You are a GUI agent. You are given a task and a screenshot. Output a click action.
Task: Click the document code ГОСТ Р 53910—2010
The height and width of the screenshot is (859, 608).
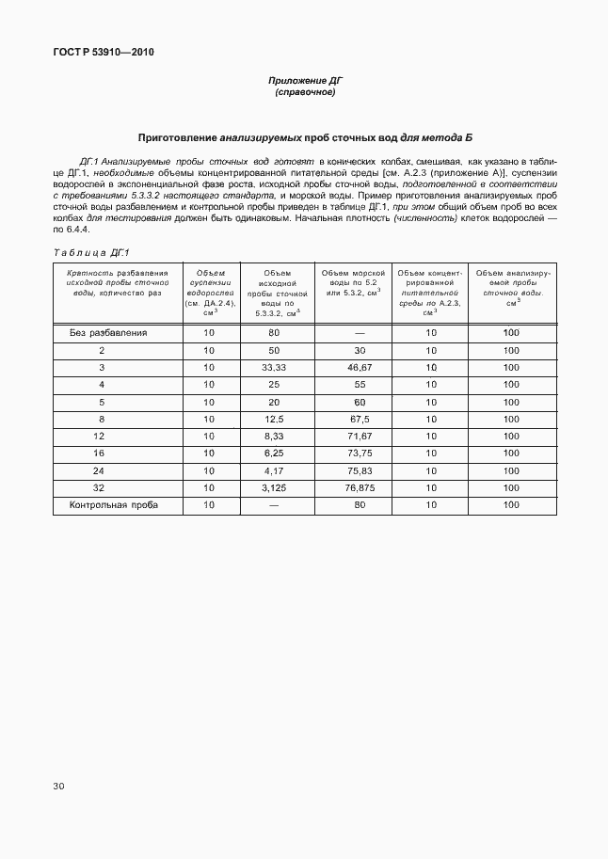97,52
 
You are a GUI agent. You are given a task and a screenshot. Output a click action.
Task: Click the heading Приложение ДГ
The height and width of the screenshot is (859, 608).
304,81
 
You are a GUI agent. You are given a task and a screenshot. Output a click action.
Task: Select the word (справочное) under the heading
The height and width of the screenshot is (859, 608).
304,92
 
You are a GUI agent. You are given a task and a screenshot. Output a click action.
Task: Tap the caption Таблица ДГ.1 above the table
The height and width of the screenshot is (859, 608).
90,252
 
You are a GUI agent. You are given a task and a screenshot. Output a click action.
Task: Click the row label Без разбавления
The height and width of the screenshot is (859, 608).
108,332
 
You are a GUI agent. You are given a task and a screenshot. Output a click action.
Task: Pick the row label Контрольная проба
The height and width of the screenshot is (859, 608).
114,505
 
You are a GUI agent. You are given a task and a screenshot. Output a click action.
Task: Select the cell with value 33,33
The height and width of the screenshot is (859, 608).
273,367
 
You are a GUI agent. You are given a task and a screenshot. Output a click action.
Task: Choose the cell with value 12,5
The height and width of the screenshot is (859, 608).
273,419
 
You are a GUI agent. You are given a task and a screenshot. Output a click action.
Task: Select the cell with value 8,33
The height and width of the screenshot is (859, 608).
273,437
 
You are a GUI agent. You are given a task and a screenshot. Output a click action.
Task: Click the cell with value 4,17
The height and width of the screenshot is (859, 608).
273,470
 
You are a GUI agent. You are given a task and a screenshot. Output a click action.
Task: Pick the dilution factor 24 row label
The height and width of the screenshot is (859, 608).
100,470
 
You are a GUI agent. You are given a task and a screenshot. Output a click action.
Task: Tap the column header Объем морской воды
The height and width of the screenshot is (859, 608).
353,282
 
